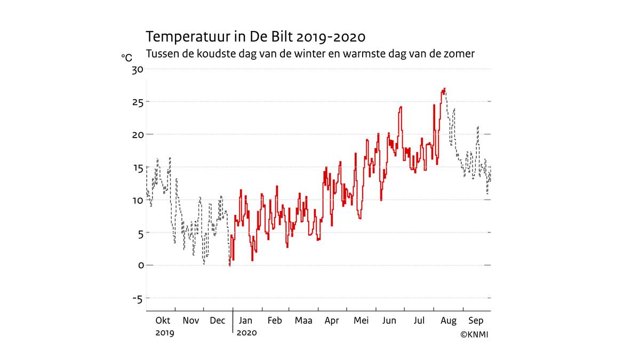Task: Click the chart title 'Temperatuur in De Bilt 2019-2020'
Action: point(255,37)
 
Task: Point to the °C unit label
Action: point(126,58)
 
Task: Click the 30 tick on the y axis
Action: point(138,69)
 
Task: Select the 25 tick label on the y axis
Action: point(138,102)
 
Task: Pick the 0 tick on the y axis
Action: point(141,266)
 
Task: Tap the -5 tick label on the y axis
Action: point(137,299)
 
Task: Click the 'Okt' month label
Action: point(163,321)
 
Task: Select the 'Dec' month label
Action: point(218,321)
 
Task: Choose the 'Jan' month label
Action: point(246,321)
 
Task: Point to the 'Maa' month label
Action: point(303,321)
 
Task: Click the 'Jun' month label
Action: point(389,321)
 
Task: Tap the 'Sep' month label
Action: point(476,321)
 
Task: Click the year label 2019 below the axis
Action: point(165,333)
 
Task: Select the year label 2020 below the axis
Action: point(246,333)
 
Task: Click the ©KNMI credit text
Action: point(474,335)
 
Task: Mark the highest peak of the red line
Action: point(444,89)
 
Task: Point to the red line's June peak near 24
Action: point(400,107)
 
